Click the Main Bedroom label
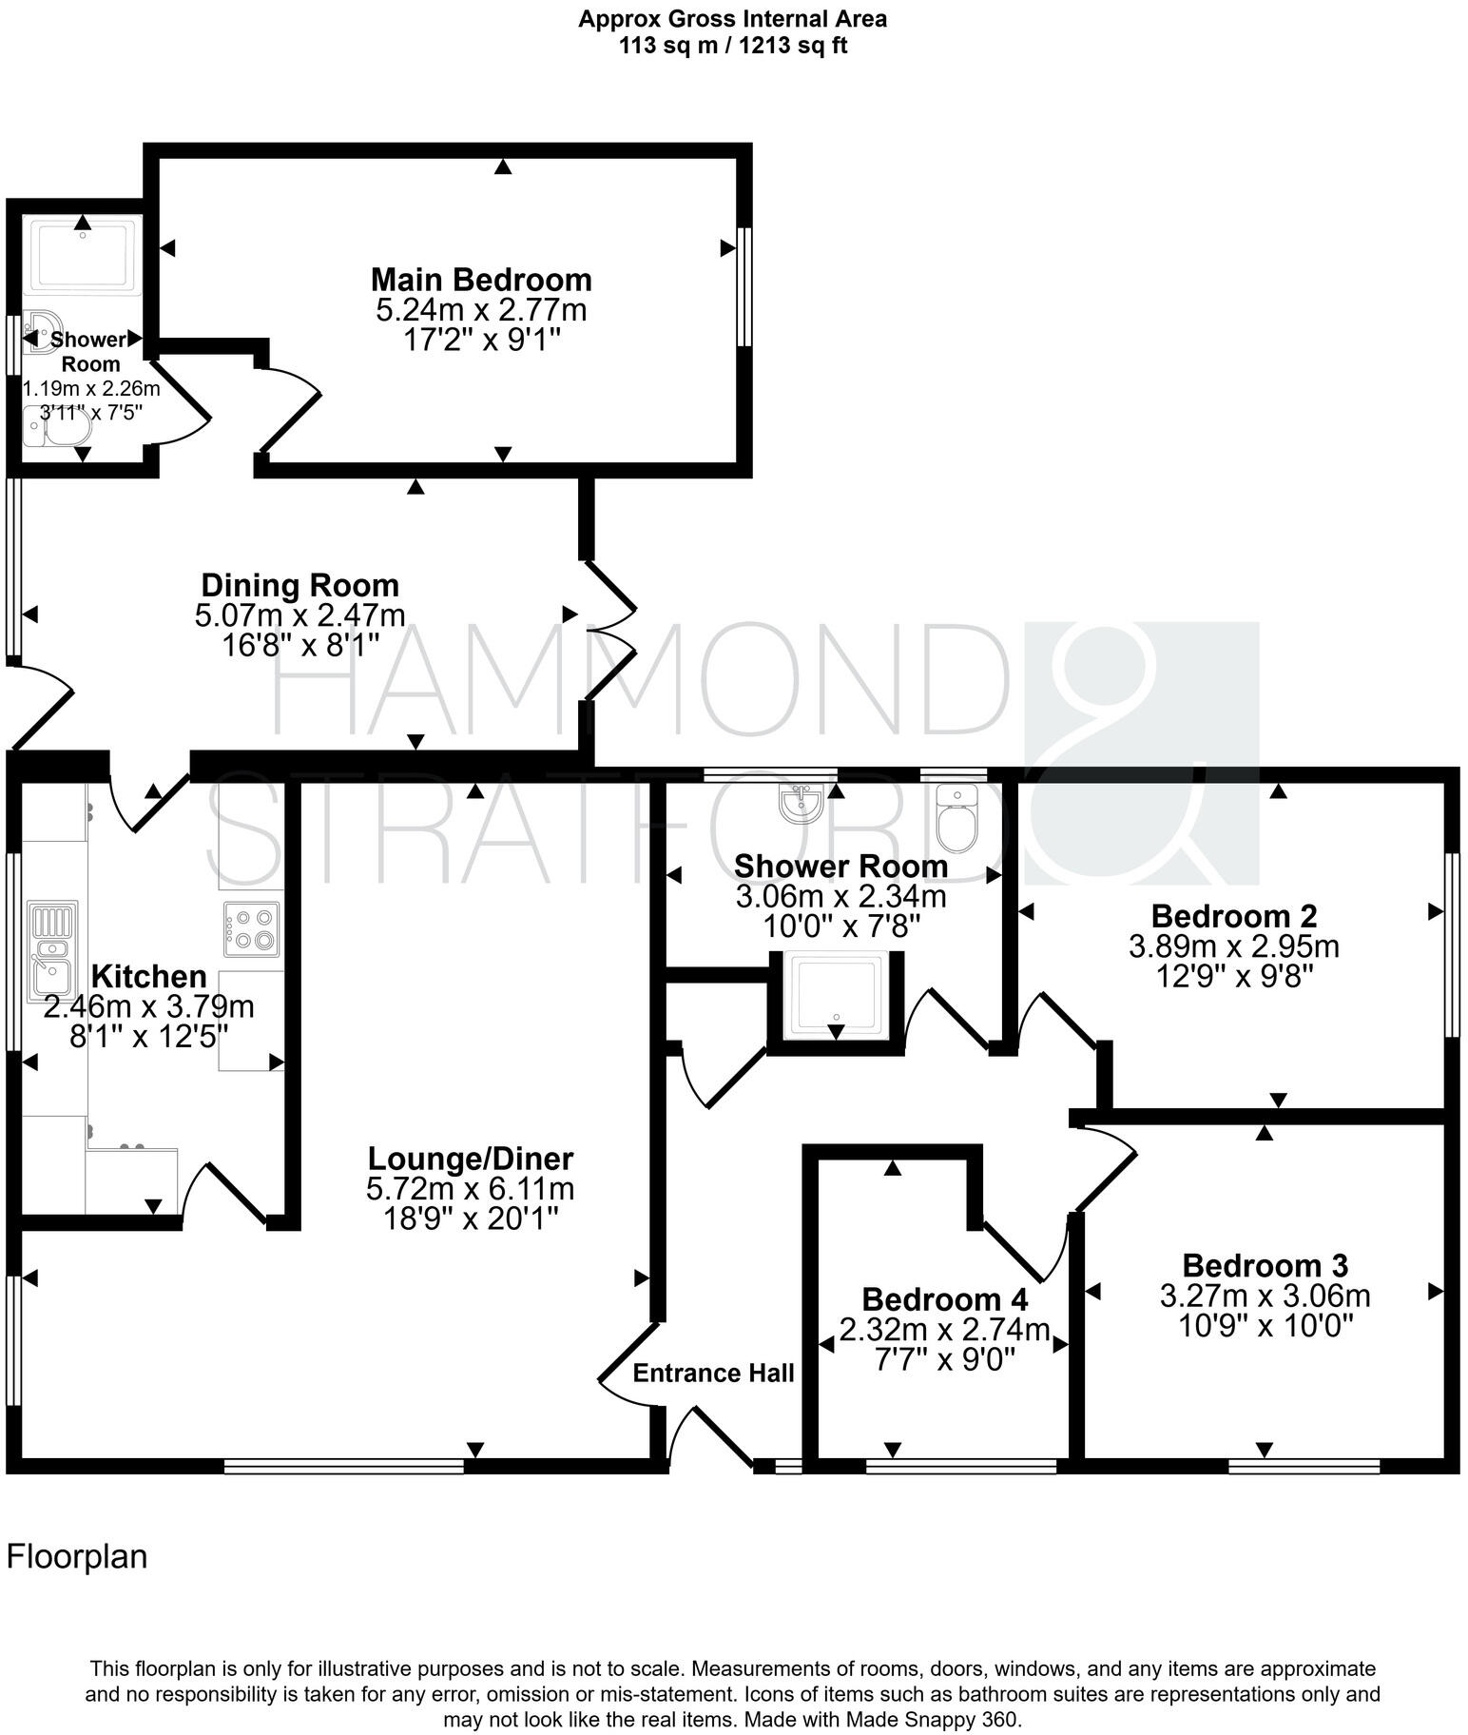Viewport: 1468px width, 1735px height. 480,280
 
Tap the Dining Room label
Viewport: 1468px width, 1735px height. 299,585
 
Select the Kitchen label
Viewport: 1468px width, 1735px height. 148,976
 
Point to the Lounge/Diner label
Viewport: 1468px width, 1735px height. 471,1159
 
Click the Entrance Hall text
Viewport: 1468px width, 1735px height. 713,1373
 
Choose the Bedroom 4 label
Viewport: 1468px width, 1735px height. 944,1299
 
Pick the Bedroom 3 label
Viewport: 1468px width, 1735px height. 1265,1266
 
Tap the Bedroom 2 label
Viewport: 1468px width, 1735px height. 1233,916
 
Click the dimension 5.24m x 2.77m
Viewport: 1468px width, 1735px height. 480,310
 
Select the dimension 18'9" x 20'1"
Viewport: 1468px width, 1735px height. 471,1218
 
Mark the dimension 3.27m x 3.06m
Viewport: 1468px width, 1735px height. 1265,1296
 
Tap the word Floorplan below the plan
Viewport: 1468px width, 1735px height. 77,1557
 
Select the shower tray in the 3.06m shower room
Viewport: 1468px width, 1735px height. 836,996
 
